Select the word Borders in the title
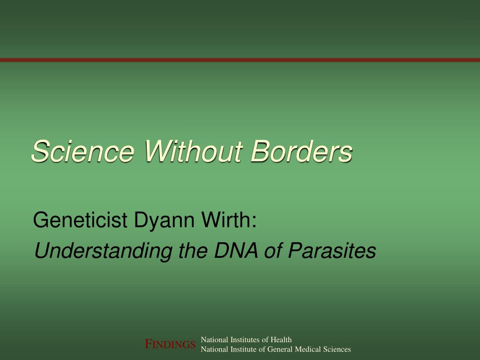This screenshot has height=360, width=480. click(301, 152)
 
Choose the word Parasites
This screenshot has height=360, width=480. click(332, 251)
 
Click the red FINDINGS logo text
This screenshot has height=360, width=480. click(170, 345)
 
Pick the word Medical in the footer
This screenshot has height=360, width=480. click(308, 349)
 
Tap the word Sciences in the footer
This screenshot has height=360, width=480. click(337, 349)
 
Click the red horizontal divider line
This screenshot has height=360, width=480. click(240, 60)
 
